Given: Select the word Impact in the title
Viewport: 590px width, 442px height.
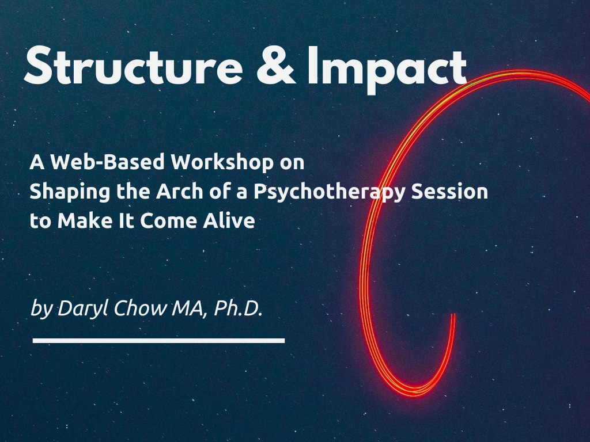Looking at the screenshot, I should pos(387,67).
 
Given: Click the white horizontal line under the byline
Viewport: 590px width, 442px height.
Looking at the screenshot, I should pos(158,341).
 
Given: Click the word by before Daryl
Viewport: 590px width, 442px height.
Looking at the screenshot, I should pos(40,309).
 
